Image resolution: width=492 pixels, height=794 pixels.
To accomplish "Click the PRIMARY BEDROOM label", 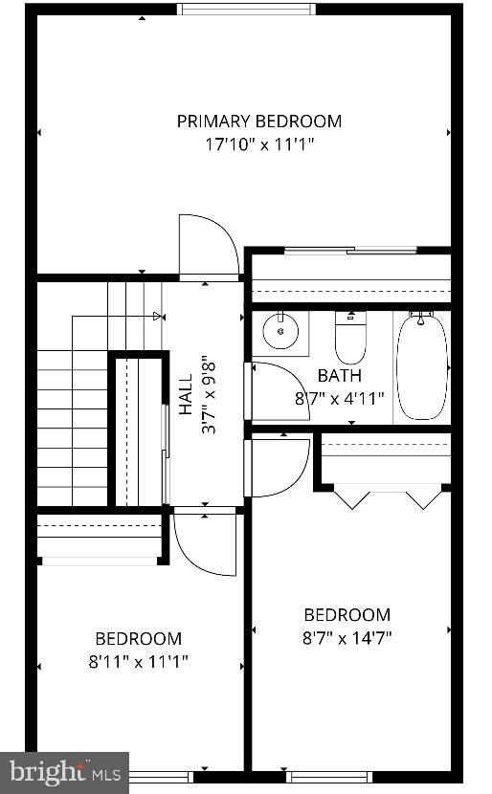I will [x=258, y=121].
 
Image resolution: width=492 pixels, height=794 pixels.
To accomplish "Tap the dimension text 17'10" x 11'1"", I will [x=258, y=144].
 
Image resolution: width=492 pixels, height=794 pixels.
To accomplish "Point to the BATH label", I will [x=340, y=376].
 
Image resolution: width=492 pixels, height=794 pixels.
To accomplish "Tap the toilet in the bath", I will [x=349, y=337].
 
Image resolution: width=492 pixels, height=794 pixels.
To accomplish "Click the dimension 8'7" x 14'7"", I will [x=348, y=637].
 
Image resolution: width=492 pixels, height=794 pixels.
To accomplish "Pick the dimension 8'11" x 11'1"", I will [x=139, y=661].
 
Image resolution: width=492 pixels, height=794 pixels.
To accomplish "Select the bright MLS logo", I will [x=65, y=771].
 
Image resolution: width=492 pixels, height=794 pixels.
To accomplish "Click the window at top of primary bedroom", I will [x=246, y=10].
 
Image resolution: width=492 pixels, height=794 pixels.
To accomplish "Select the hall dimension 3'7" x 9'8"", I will [x=207, y=396].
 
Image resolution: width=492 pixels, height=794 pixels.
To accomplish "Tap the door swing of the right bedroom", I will [x=280, y=467].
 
